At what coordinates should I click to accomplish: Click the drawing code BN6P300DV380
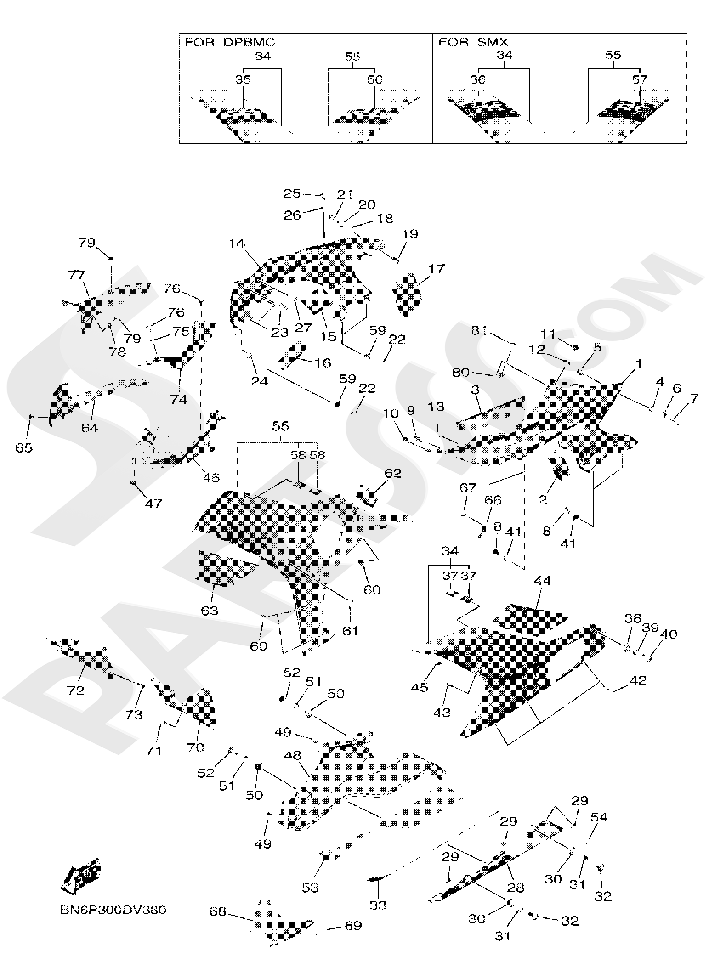(113, 910)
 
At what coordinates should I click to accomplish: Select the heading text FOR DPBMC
(230, 42)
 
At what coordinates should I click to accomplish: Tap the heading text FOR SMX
(473, 42)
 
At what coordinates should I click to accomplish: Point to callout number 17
(437, 268)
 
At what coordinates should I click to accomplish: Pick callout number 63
(209, 611)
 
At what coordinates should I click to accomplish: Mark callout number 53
(310, 887)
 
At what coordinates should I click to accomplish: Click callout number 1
(638, 364)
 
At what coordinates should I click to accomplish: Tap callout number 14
(237, 243)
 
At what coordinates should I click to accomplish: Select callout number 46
(211, 478)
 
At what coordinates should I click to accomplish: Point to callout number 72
(75, 690)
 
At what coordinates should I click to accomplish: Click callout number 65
(24, 447)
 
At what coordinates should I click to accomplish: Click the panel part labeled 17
(407, 294)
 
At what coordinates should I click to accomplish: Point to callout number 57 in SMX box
(639, 79)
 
